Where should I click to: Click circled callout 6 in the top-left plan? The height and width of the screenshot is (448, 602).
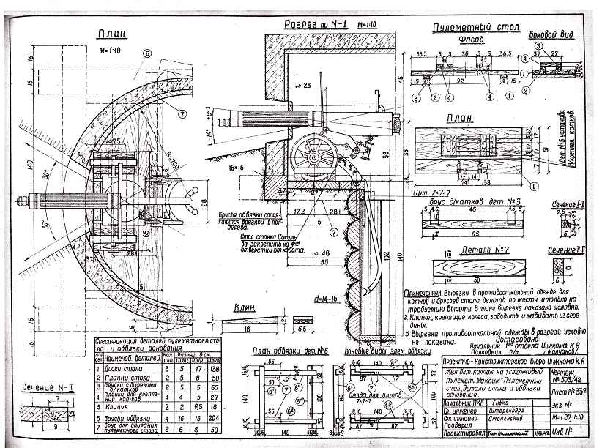click(x=146, y=53)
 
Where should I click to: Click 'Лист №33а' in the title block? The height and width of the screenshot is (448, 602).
click(x=565, y=392)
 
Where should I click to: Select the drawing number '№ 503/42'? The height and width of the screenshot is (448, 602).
click(x=564, y=378)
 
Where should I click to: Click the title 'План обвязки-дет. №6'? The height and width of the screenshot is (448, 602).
click(x=284, y=352)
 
